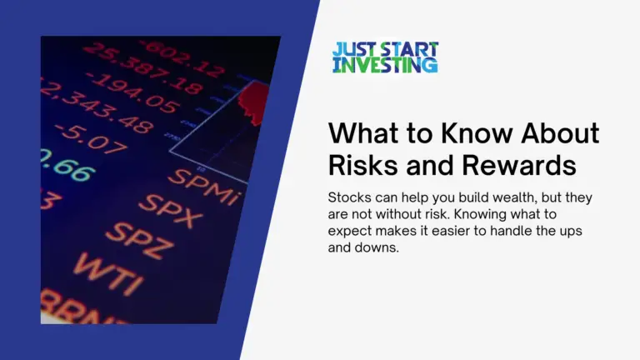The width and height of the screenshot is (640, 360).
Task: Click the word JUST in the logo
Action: click(350, 49)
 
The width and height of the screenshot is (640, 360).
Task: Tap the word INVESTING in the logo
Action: click(385, 64)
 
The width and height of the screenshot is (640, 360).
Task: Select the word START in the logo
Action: click(403, 49)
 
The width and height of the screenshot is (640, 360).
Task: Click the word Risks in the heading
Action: click(360, 165)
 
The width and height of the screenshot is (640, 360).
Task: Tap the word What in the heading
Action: click(360, 134)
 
